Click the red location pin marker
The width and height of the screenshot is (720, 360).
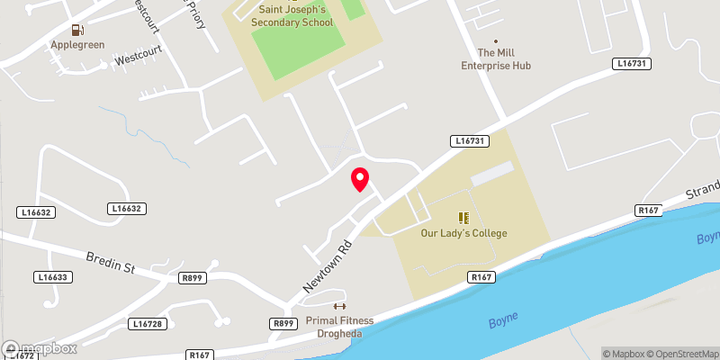[360, 179]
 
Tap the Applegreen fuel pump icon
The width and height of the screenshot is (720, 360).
[79, 31]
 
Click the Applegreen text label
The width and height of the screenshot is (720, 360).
[79, 43]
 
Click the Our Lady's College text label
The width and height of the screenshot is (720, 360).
[464, 233]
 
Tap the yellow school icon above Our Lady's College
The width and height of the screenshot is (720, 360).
[464, 217]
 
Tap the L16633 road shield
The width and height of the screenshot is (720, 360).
[54, 277]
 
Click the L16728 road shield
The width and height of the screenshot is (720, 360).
[148, 323]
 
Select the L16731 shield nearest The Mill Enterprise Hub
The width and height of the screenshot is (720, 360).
[634, 63]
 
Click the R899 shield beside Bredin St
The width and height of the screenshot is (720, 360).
[192, 278]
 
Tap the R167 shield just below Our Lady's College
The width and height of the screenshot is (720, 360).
[483, 278]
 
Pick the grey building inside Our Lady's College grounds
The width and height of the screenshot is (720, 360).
[492, 174]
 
